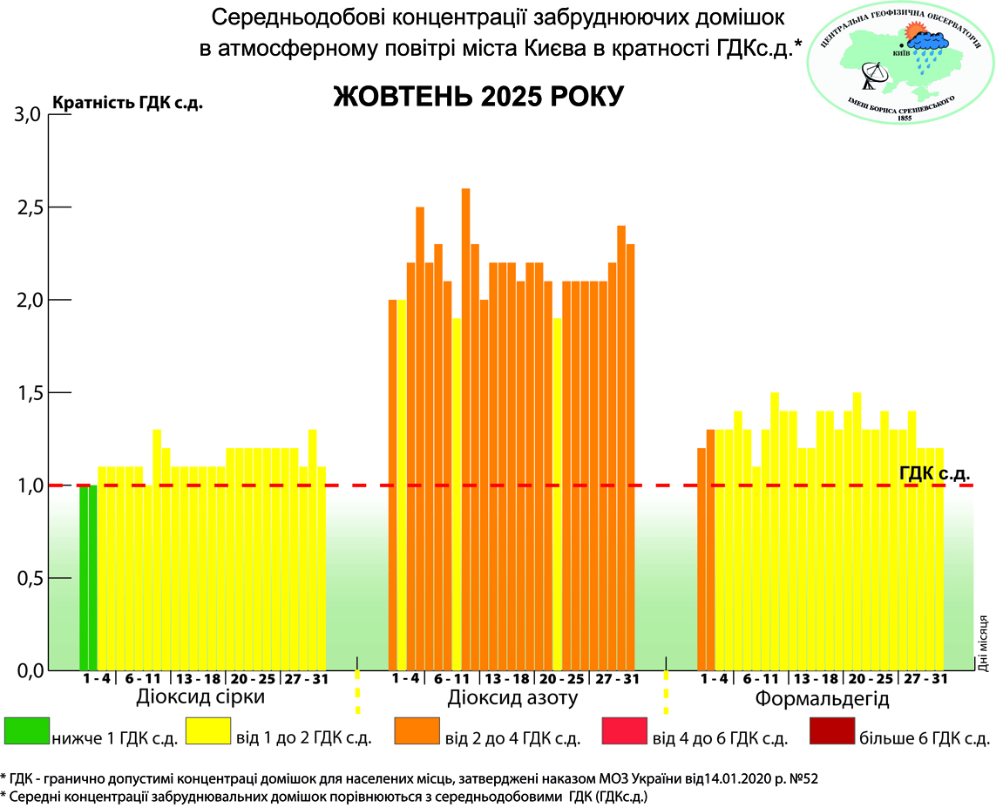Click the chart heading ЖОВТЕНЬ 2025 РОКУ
point(478,96)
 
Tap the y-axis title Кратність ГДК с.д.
point(128,103)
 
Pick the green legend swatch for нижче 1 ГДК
point(27,731)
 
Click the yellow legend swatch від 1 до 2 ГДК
point(206,731)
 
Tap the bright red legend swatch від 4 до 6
point(625,731)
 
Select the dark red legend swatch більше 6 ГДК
point(832,731)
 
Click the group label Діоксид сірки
point(200,698)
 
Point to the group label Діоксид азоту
point(513,698)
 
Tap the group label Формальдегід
point(822,699)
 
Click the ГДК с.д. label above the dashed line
point(934,472)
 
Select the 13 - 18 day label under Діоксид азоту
point(507,679)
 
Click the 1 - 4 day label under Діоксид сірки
point(96,679)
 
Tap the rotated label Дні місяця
point(983,643)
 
